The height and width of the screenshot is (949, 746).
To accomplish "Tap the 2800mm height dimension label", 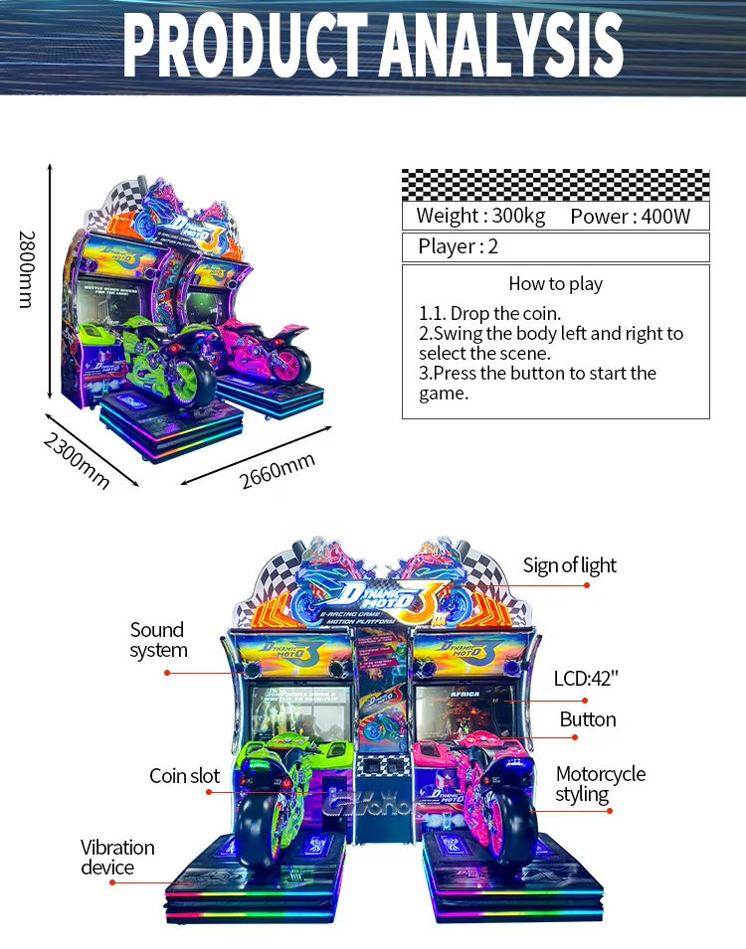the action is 26,268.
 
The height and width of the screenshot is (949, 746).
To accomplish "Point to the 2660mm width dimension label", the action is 278,470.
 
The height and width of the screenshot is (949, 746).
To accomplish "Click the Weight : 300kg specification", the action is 480,216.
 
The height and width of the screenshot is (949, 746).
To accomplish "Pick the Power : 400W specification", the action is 630,217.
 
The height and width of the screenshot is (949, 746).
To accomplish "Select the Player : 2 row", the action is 459,246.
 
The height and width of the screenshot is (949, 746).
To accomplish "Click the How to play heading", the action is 555,283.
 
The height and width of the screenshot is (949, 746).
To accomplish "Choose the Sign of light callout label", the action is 570,565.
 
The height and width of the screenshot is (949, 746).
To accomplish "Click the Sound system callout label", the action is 157,640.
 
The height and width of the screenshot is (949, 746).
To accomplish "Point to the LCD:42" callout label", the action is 586,679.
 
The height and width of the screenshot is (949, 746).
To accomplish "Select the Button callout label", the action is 587,718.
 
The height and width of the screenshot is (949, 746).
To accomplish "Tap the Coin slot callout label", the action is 184,775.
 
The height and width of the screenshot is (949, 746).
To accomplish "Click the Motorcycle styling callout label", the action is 600,783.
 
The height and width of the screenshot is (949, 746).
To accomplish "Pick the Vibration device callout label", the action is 117,857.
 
